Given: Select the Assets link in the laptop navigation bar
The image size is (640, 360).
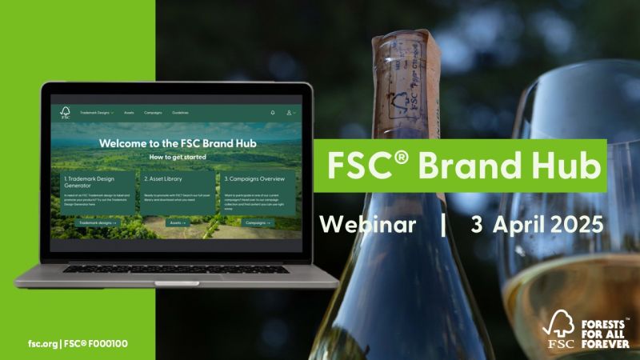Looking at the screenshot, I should click(129, 113).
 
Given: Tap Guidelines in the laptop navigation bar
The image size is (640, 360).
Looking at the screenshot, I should click(180, 113).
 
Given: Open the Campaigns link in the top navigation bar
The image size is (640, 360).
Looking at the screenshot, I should click(153, 113).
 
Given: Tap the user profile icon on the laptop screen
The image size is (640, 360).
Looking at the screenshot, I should click(290, 113).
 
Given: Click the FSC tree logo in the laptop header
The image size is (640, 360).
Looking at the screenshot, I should click(66, 113).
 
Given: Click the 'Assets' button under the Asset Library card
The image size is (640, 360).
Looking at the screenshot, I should click(178, 222).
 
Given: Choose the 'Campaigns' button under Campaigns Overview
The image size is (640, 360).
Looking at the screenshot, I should click(258, 222).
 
